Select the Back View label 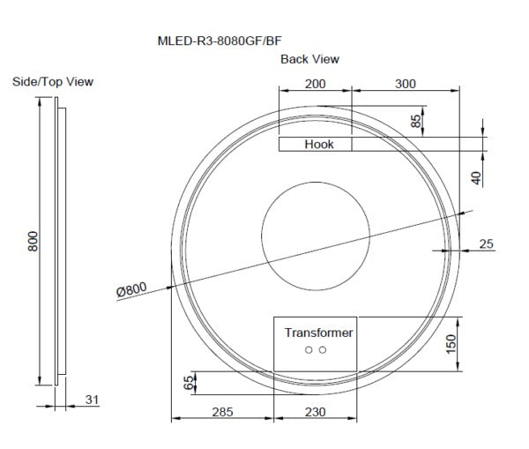(309, 59)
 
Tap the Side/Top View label (53, 81)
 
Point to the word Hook (319, 144)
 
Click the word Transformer (318, 333)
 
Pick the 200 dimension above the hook (315, 84)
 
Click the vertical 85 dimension (416, 121)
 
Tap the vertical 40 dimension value (476, 177)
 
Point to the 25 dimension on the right (487, 243)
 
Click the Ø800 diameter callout (131, 288)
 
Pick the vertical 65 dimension (187, 382)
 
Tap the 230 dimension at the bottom (317, 411)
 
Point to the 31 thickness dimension (92, 400)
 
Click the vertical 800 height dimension (33, 242)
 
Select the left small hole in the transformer (309, 350)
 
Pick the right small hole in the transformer (323, 350)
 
